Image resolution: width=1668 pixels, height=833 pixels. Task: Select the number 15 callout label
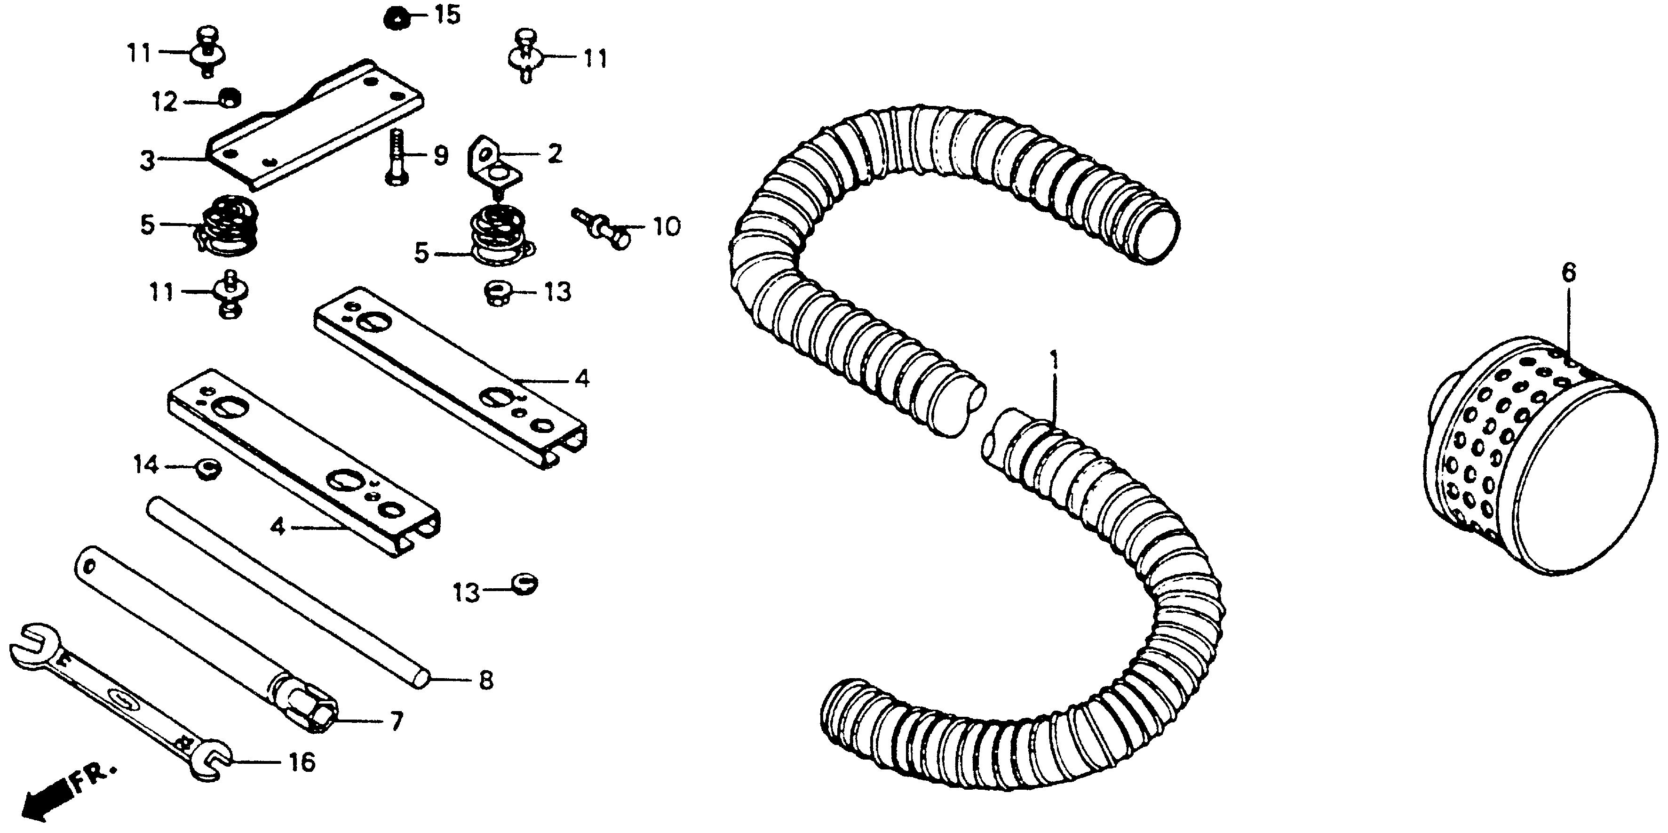click(447, 14)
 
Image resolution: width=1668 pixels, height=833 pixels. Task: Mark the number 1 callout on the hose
click(1054, 360)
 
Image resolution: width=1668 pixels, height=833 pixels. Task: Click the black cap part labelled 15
click(394, 17)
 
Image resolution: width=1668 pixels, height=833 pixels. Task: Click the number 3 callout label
click(148, 160)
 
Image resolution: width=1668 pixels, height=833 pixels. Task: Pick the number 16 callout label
click(302, 762)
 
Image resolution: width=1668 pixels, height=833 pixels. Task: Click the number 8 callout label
click(485, 680)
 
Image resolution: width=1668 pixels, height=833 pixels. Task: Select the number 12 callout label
click(165, 102)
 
